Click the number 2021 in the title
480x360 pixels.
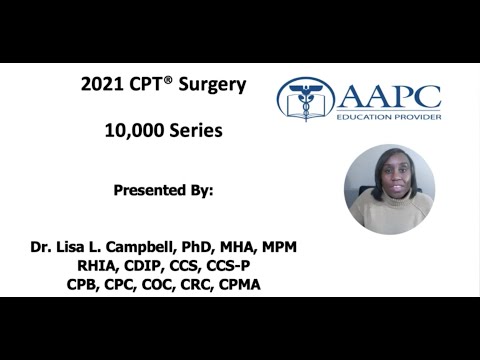pos(101,85)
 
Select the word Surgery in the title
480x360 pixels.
pos(210,85)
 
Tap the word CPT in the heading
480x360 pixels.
pos(147,85)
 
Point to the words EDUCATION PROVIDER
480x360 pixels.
pos(389,117)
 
